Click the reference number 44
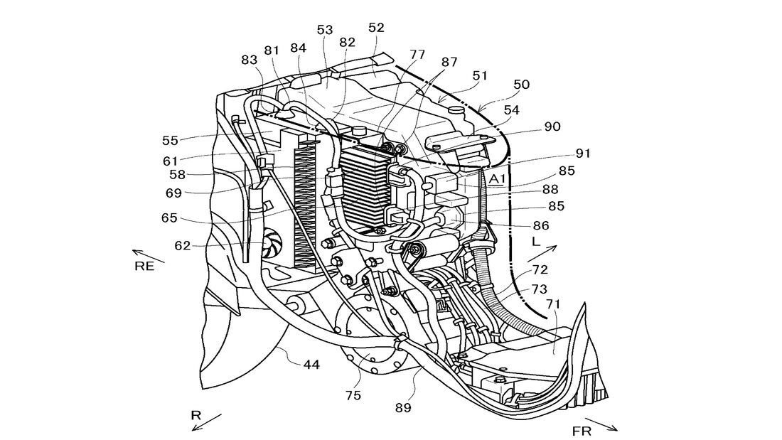311,365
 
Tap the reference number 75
353,396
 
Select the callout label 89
404,407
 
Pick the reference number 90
552,127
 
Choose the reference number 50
521,84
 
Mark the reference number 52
376,28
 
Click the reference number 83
250,60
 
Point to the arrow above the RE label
149,255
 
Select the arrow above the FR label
601,424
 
